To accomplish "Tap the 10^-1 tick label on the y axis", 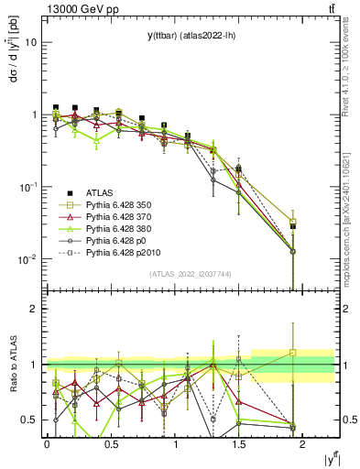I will [27, 187].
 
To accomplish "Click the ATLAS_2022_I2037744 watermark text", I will [190, 275].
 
